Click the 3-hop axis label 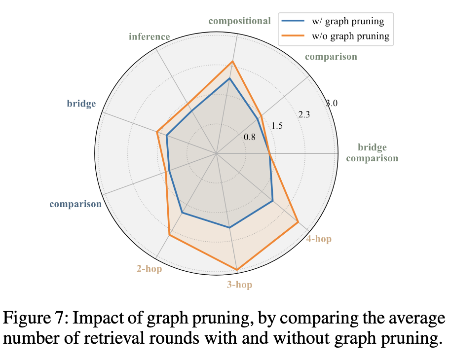click(x=239, y=285)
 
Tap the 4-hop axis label click(x=318, y=239)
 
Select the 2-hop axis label click(x=149, y=269)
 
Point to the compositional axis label click(x=239, y=21)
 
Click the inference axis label click(x=149, y=36)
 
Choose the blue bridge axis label click(x=81, y=104)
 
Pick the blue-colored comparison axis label click(x=75, y=204)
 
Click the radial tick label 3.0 click(x=332, y=104)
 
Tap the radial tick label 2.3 click(x=304, y=115)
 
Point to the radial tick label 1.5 click(x=277, y=126)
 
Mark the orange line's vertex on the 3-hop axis click(x=237, y=270)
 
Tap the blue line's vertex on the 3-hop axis click(x=229, y=227)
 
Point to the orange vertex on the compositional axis click(x=232, y=62)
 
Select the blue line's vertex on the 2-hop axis click(x=182, y=213)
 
